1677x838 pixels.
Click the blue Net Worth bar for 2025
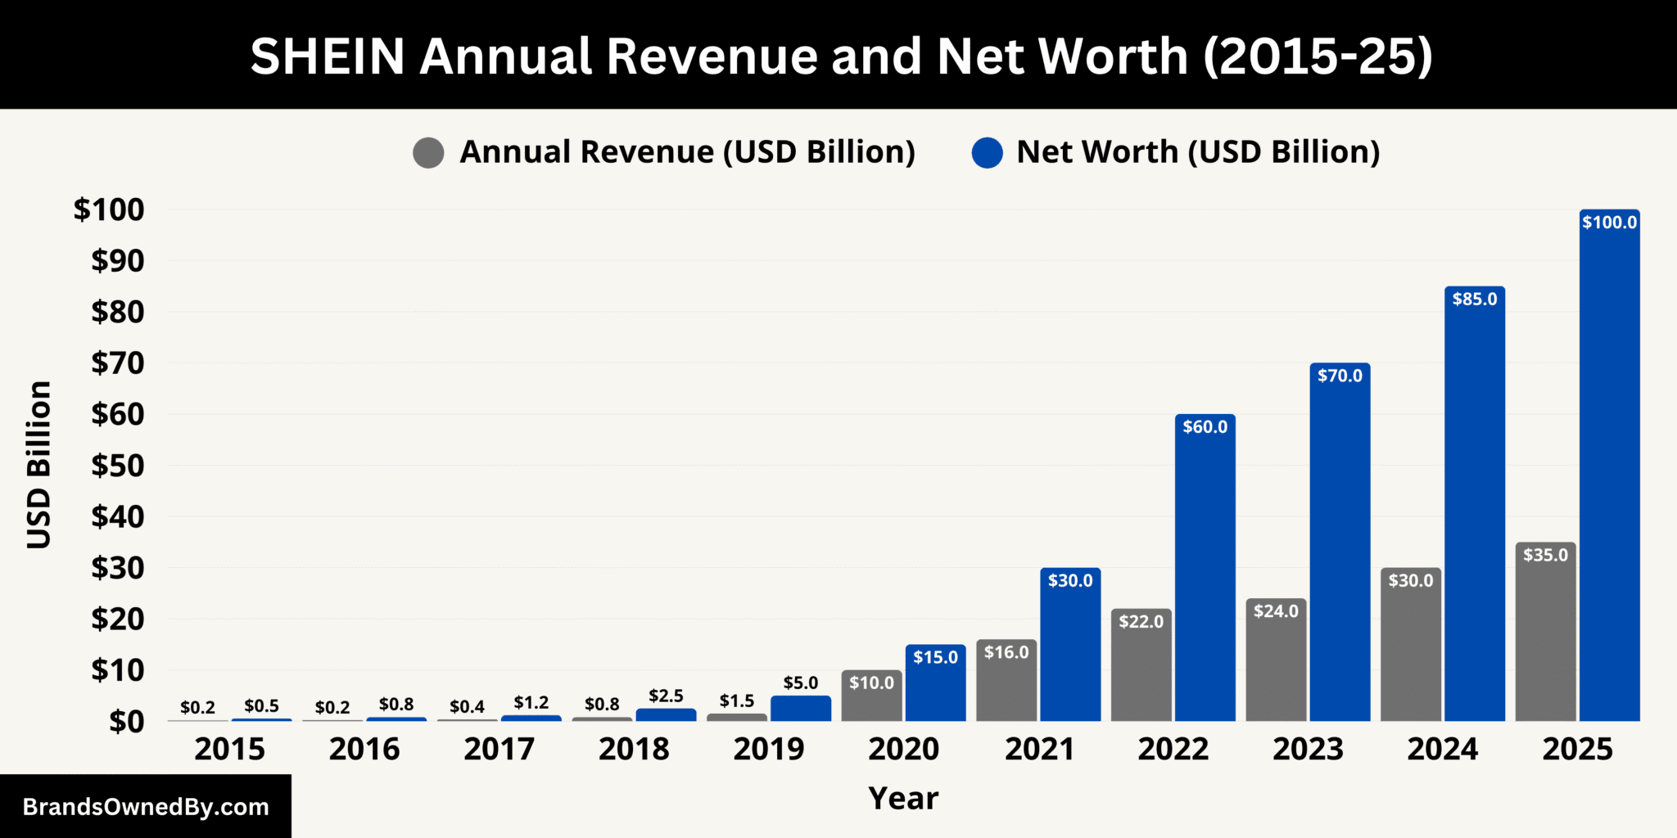point(1609,466)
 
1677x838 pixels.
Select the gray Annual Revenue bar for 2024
point(1410,647)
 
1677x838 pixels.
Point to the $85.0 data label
point(1474,300)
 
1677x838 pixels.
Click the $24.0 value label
point(1276,611)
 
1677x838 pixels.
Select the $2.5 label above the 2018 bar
point(666,696)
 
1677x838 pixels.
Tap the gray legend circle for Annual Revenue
point(428,153)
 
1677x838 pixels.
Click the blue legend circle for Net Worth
point(987,153)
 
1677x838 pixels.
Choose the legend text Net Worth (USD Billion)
point(1198,152)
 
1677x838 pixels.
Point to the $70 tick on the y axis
point(118,363)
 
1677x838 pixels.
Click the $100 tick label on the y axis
point(109,209)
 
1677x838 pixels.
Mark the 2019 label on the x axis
point(768,750)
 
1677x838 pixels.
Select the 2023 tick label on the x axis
point(1308,750)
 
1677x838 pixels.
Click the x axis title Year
point(903,799)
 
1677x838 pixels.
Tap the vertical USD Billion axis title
point(39,465)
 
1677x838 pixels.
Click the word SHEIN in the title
point(328,56)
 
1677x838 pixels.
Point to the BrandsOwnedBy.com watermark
point(146,807)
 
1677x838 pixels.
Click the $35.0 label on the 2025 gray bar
point(1545,556)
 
